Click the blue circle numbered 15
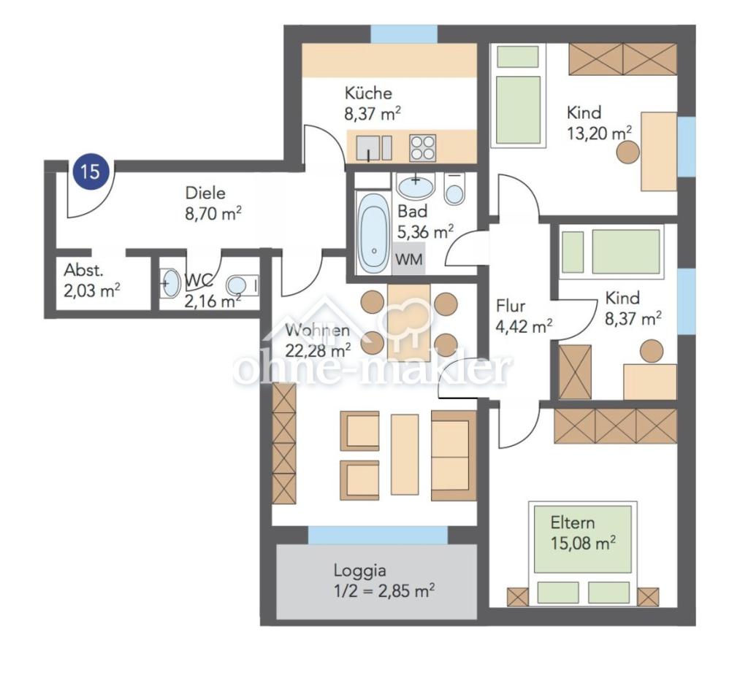pyautogui.click(x=91, y=171)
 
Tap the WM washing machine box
pyautogui.click(x=408, y=259)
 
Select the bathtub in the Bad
pyautogui.click(x=373, y=233)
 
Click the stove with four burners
pyautogui.click(x=422, y=147)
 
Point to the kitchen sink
pyautogui.click(x=373, y=148)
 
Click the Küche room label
pyautogui.click(x=368, y=93)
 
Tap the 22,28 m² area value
pyautogui.click(x=318, y=350)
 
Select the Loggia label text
pyautogui.click(x=359, y=570)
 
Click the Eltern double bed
pyautogui.click(x=582, y=553)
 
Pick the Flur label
pyautogui.click(x=511, y=306)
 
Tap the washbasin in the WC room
pyautogui.click(x=169, y=284)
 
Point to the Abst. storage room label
pyautogui.click(x=83, y=270)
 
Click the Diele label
pyautogui.click(x=205, y=193)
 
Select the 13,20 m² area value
pyautogui.click(x=600, y=133)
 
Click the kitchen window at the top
pyautogui.click(x=404, y=34)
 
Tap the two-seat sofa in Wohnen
pyautogui.click(x=454, y=455)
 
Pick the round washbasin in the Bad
pyautogui.click(x=416, y=186)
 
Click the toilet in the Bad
pyautogui.click(x=454, y=189)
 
